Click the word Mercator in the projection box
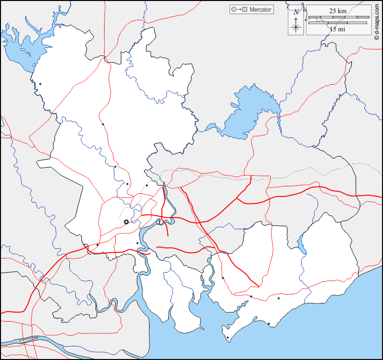260,10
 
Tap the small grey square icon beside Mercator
245,10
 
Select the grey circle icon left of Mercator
233,10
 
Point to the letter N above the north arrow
296,12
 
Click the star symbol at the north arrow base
296,27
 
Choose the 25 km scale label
338,11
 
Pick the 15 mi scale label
338,29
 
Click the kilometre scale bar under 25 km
338,18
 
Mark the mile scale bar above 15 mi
338,23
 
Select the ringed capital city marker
126,222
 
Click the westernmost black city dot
40,84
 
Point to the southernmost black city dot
228,338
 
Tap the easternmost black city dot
278,298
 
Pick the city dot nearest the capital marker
137,243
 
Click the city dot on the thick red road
98,245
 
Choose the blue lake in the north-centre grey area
248,114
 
